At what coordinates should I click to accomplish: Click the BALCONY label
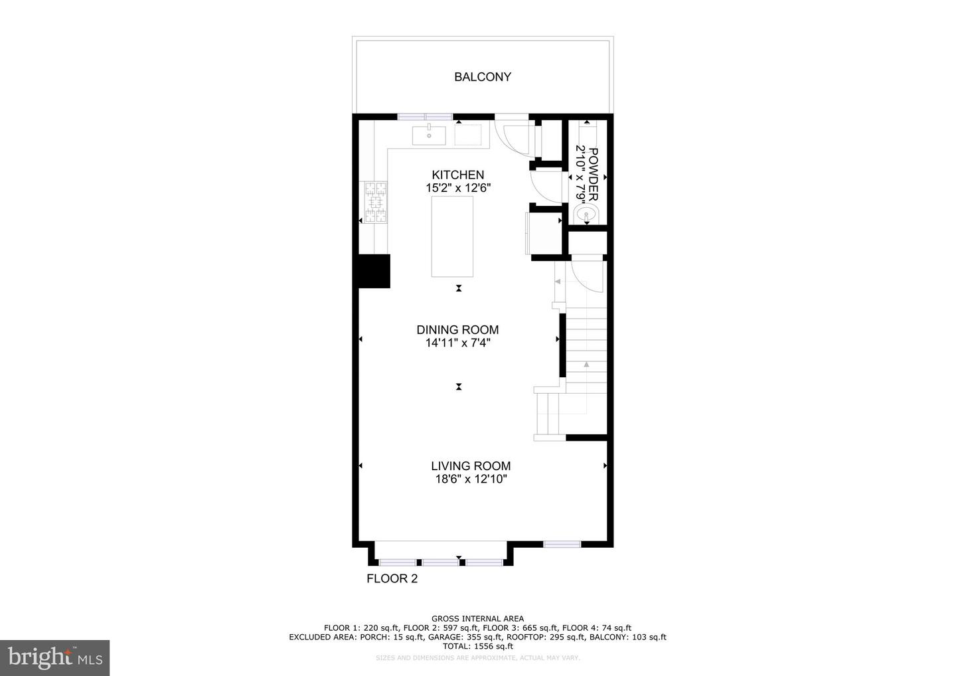tap(483, 77)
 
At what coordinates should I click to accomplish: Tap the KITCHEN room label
tap(458, 175)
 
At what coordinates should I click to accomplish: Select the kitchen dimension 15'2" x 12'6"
tap(458, 189)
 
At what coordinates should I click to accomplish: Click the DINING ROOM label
tap(457, 330)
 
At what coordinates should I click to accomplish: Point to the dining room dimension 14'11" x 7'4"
tap(457, 343)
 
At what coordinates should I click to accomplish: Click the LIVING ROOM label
tap(471, 466)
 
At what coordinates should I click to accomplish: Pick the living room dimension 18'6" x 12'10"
tap(471, 479)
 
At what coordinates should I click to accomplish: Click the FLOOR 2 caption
tap(392, 578)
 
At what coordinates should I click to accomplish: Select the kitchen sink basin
tap(429, 135)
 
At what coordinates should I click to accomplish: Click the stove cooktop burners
tap(375, 202)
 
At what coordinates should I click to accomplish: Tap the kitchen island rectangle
tap(452, 236)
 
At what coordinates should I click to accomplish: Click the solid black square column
tap(374, 271)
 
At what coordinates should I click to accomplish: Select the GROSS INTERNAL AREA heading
tap(477, 619)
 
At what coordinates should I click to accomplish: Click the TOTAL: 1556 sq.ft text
tap(477, 646)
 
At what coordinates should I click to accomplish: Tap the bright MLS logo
tap(54, 657)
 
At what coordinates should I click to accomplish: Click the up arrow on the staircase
tap(586, 364)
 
